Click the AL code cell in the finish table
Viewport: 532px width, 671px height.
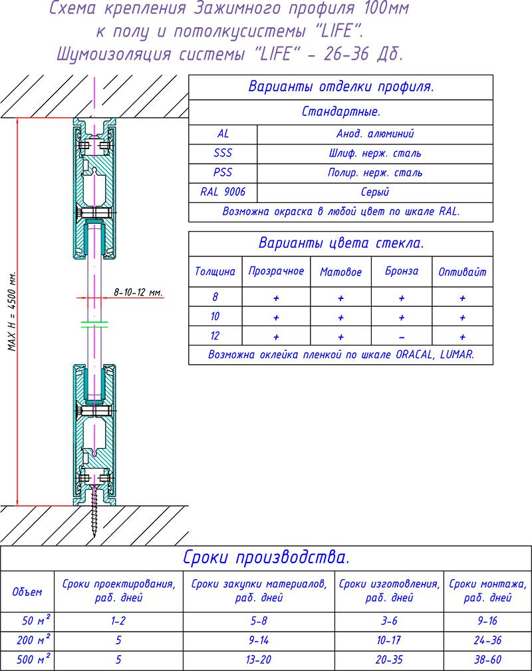(223, 134)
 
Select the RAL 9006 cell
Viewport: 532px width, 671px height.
(223, 192)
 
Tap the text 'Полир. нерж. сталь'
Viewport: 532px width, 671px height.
(375, 172)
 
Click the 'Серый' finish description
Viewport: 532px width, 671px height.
(375, 192)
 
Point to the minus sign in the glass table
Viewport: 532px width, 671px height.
(402, 336)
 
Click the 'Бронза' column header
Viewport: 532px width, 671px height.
(402, 272)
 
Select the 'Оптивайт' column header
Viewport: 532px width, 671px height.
(462, 272)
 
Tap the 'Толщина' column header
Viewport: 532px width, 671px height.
(215, 272)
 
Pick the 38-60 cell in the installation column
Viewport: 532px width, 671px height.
(487, 661)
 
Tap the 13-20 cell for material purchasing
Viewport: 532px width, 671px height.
(259, 661)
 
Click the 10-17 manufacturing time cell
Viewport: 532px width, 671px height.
(389, 641)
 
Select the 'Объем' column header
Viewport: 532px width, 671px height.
(27, 591)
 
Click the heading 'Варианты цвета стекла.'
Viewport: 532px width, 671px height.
(340, 243)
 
